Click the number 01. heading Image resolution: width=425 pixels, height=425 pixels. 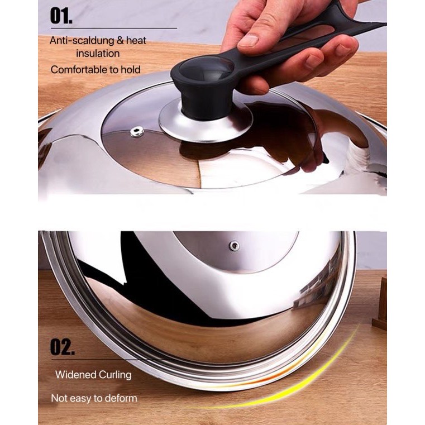pos(61,16)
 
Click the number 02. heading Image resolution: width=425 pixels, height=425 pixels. pos(63,347)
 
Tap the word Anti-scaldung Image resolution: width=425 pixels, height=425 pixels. pos(82,41)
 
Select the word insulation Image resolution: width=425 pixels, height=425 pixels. pos(98,54)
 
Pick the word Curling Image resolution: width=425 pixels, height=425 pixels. pos(115,375)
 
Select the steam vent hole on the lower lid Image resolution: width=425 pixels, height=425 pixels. pos(234,246)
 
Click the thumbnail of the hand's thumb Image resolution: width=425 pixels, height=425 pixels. pos(249,40)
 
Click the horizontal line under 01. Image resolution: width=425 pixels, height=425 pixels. pos(114,28)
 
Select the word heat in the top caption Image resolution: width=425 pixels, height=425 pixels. pos(136,41)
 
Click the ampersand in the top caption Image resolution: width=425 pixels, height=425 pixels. pos(120,41)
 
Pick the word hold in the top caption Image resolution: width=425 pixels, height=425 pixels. pos(131,70)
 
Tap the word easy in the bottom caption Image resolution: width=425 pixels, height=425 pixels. pos(81,399)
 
